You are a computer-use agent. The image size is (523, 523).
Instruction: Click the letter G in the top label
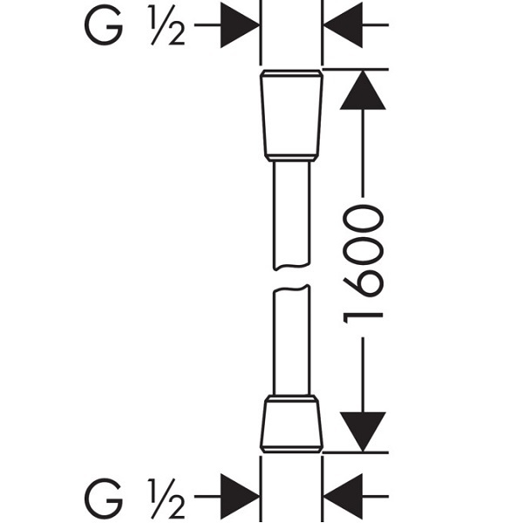pyautogui.click(x=104, y=25)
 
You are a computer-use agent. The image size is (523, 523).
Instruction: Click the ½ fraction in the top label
pyautogui.click(x=166, y=25)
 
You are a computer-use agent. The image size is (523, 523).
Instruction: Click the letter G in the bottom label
pyautogui.click(x=104, y=498)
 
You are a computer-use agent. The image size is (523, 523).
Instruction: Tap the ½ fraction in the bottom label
pyautogui.click(x=166, y=498)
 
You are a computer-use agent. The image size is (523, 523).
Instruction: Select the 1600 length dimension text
pyautogui.click(x=363, y=264)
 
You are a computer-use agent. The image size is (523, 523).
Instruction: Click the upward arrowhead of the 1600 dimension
pyautogui.click(x=363, y=90)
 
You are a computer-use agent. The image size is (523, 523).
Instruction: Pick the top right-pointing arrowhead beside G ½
pyautogui.click(x=240, y=25)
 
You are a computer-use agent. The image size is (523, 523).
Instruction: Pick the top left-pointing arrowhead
pyautogui.click(x=343, y=25)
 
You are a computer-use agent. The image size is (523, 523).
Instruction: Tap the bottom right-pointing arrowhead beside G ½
pyautogui.click(x=240, y=497)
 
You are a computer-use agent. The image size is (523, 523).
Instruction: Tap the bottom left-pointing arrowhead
pyautogui.click(x=343, y=497)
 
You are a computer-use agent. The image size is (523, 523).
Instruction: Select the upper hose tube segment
pyautogui.click(x=291, y=215)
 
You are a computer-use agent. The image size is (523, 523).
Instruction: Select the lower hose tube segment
pyautogui.click(x=291, y=340)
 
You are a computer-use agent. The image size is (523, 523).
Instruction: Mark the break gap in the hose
pyautogui.click(x=291, y=277)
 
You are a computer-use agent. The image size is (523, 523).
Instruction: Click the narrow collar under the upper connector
pyautogui.click(x=291, y=159)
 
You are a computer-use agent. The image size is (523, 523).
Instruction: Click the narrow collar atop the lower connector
pyautogui.click(x=291, y=398)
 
